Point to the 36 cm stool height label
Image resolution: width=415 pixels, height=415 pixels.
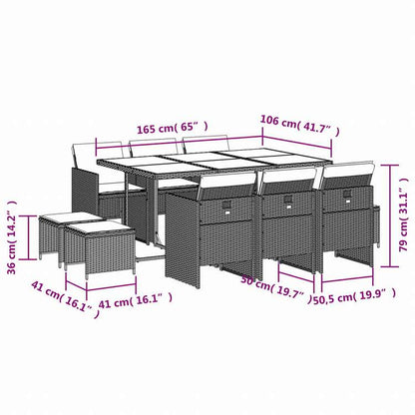13,240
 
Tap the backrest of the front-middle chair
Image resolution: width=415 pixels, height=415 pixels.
284,183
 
